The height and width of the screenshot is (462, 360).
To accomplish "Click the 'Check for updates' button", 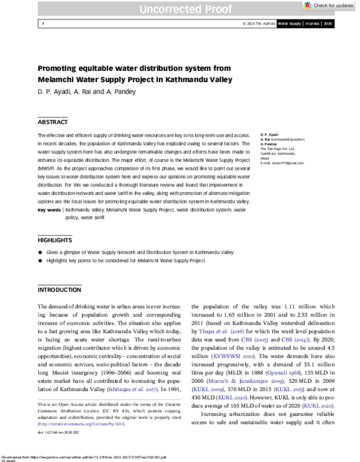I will [x=329, y=5].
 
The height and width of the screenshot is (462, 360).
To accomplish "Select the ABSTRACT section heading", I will [x=53, y=121].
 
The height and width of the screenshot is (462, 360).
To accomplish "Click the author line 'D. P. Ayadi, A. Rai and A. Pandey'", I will [x=87, y=91].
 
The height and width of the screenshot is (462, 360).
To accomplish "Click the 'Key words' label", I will [x=49, y=210].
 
